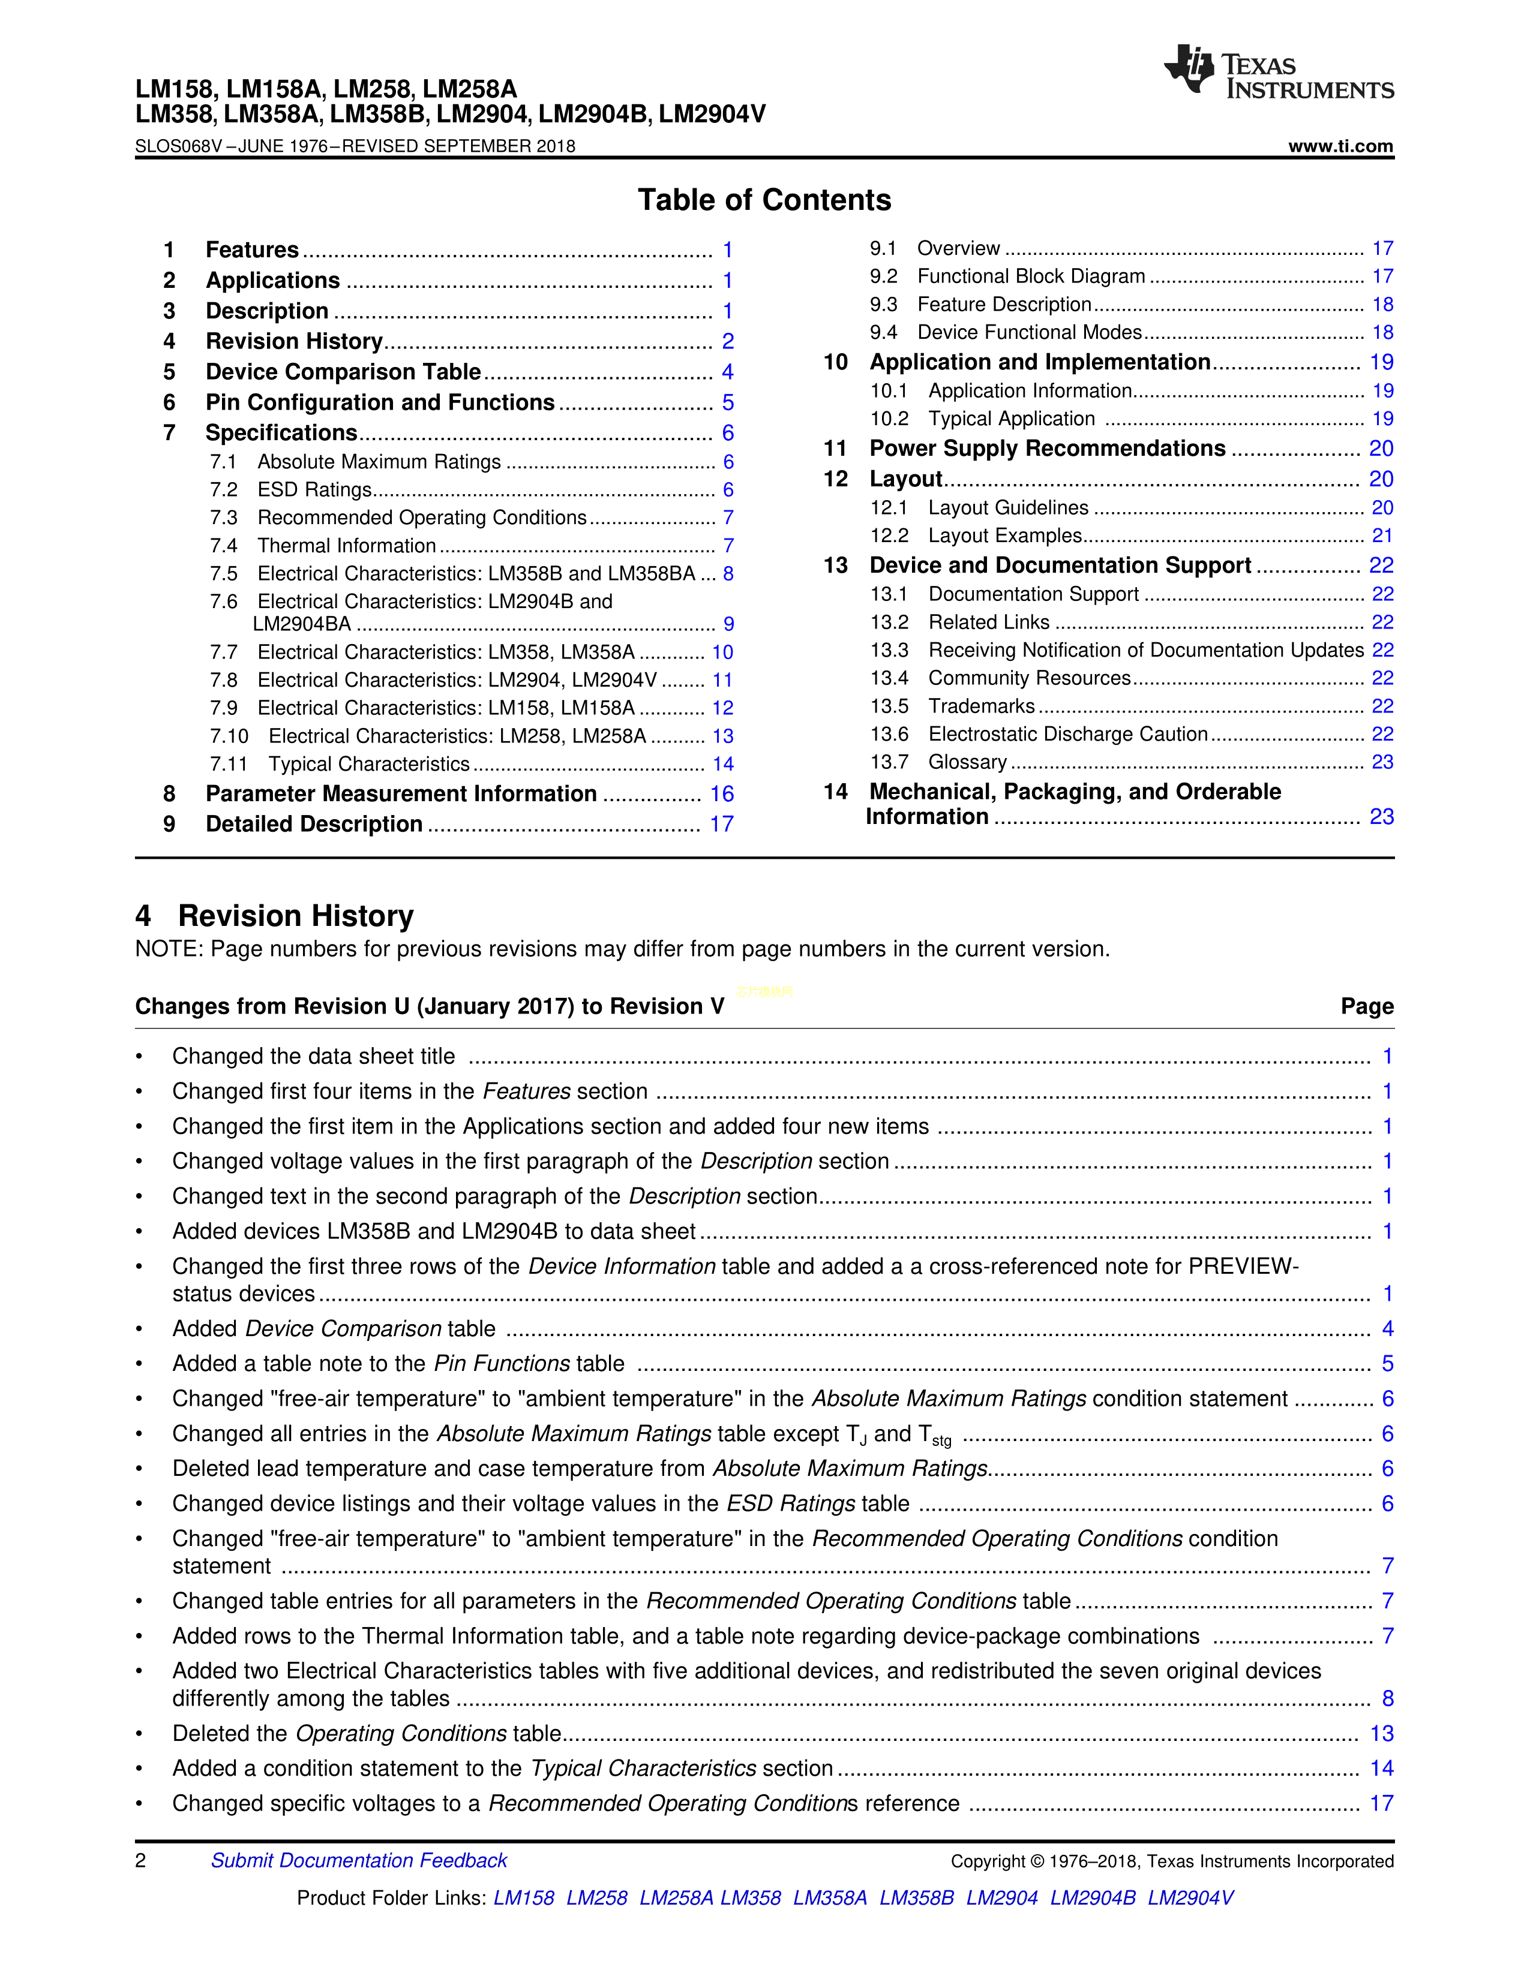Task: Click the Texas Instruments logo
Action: click(1278, 71)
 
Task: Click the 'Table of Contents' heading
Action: click(764, 200)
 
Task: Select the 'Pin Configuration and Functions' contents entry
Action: click(380, 402)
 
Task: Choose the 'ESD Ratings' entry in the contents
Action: click(314, 489)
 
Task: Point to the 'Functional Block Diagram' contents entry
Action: click(1031, 276)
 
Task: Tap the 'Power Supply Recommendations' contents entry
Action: click(1047, 449)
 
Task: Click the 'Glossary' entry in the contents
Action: click(967, 762)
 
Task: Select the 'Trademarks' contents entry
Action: click(981, 706)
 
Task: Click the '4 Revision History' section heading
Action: click(275, 916)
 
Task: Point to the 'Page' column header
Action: click(1367, 1007)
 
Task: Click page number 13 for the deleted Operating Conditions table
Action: click(1381, 1734)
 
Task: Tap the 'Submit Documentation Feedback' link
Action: click(359, 1860)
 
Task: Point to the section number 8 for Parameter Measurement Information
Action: click(169, 794)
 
